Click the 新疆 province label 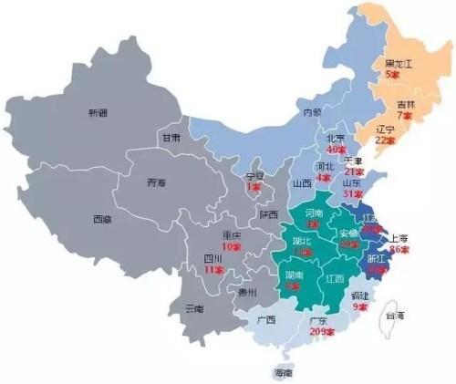coord(98,113)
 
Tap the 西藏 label coord(102,219)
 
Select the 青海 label coord(156,182)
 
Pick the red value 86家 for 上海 coord(399,248)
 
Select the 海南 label coord(283,374)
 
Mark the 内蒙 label coord(312,113)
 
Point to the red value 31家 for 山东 coord(352,193)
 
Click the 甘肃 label coord(170,139)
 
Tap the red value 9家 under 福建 coord(361,307)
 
